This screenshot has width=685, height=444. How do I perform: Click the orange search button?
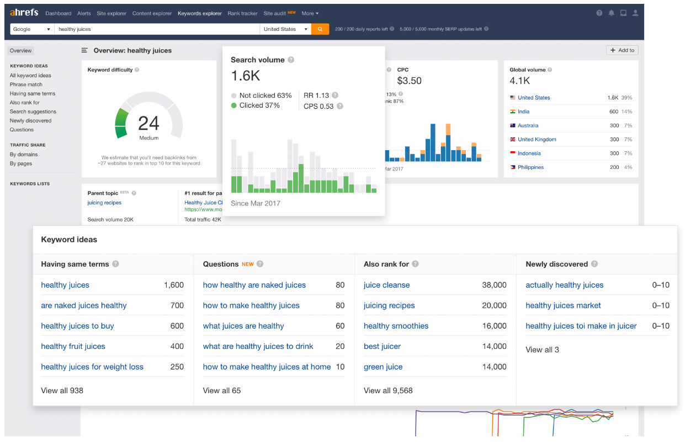click(x=320, y=29)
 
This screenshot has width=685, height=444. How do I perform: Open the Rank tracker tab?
click(x=242, y=13)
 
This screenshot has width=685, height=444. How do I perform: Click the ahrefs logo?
click(x=24, y=13)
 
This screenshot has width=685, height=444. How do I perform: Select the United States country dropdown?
click(x=285, y=29)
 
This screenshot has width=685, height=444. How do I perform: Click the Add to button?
click(x=622, y=50)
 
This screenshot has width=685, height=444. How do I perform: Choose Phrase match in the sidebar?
click(x=26, y=84)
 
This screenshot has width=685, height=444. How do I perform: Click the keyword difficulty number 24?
click(x=148, y=123)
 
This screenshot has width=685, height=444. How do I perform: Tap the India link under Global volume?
click(x=523, y=112)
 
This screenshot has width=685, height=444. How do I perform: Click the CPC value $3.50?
click(x=409, y=81)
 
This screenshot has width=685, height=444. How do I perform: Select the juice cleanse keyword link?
click(x=386, y=285)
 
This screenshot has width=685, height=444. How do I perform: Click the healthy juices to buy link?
click(x=77, y=326)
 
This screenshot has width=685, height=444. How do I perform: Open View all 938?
click(x=62, y=390)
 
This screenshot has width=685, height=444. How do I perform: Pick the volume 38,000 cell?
click(x=494, y=285)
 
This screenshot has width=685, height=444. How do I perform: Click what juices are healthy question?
click(x=243, y=326)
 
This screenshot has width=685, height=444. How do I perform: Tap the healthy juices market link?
click(x=563, y=305)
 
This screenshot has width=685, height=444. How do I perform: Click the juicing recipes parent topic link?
click(x=104, y=203)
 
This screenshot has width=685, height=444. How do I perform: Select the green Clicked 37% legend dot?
click(x=234, y=105)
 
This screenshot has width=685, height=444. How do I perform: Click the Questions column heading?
click(x=221, y=264)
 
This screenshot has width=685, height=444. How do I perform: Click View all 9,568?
click(x=388, y=390)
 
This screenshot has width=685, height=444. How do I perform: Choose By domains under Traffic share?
click(x=24, y=155)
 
